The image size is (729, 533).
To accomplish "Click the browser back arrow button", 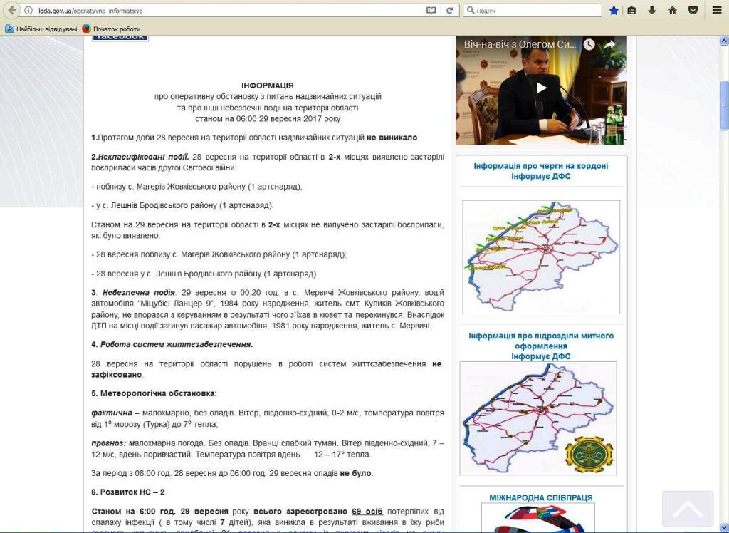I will coord(12,10).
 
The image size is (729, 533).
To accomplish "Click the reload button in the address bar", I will coord(449,10).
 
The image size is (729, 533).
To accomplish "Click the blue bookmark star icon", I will coord(614,10).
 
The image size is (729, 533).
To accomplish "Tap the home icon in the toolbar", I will coord(672,10).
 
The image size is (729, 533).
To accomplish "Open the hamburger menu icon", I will coord(717,10).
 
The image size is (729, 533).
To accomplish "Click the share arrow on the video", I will coord(610,44).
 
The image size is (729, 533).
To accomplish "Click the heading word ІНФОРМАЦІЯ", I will coord(267,85).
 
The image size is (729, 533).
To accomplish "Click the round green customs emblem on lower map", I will coord(588,453).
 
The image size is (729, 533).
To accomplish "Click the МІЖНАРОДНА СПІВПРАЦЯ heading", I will coord(540,497).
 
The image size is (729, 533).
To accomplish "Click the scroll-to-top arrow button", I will coord(687,509).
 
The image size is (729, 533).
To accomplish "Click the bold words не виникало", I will coord(392,138).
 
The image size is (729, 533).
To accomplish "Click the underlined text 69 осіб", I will coord(367,512).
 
